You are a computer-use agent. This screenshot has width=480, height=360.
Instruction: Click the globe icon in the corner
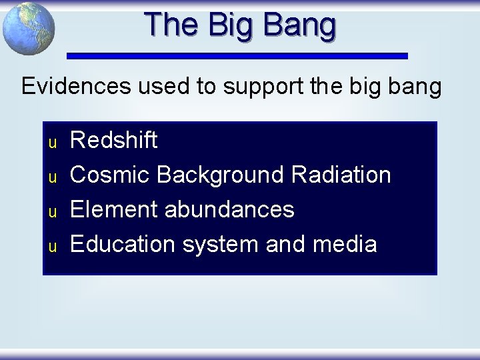(28, 29)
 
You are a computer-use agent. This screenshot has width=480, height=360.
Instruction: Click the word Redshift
(114, 141)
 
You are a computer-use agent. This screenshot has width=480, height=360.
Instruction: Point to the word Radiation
(341, 175)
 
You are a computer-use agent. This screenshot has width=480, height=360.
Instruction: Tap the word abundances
(229, 210)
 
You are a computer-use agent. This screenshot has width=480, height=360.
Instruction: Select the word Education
(123, 245)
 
